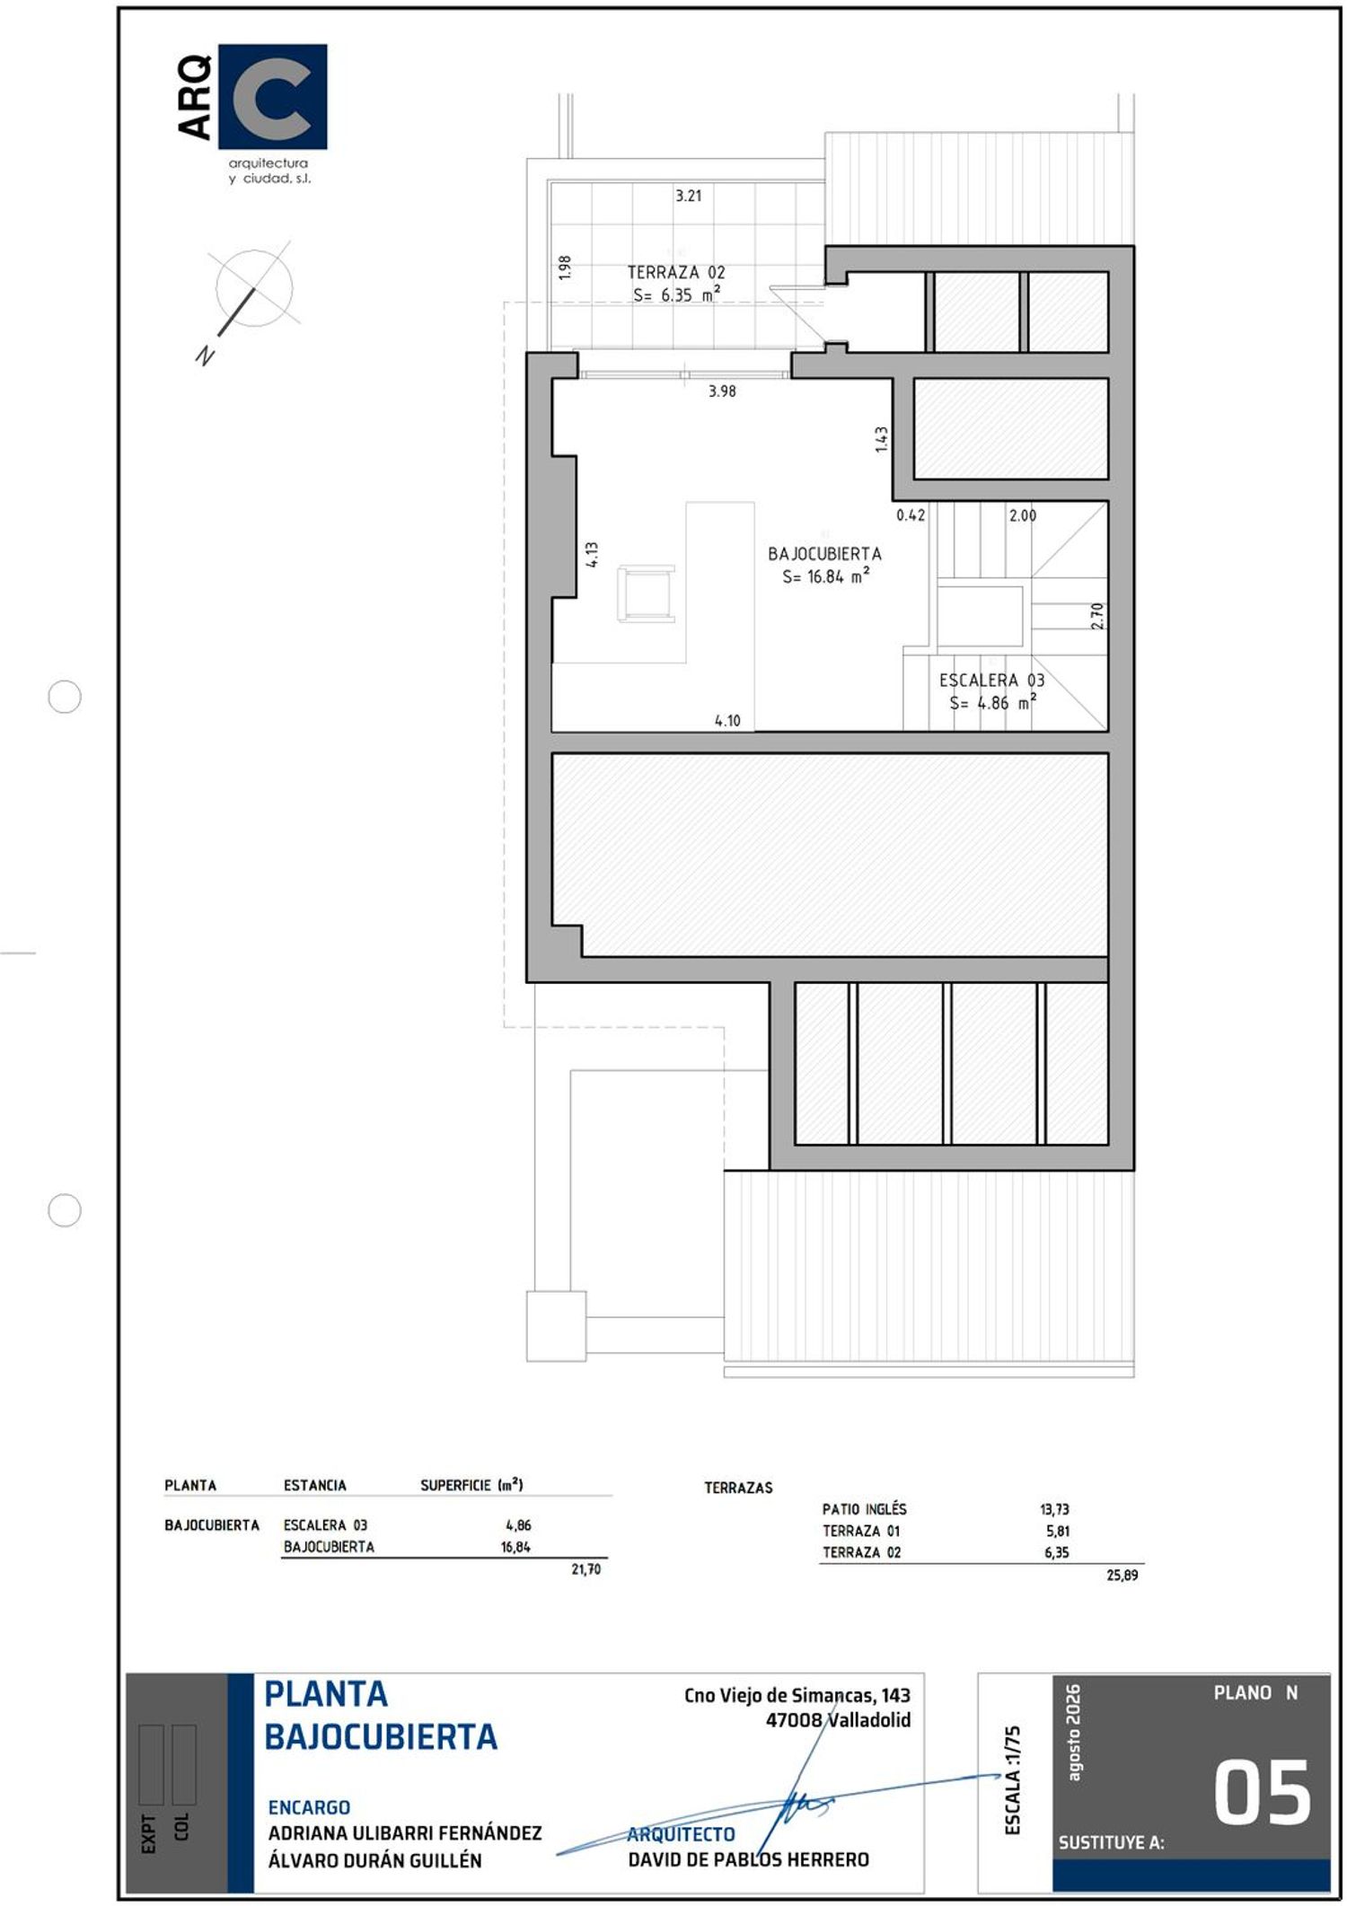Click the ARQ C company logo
(x=252, y=113)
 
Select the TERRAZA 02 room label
(x=675, y=272)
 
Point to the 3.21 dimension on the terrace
(x=688, y=195)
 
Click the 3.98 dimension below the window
(x=722, y=391)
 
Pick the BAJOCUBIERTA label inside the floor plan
(x=824, y=554)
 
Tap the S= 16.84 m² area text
(x=825, y=576)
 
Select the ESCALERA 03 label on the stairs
(x=991, y=681)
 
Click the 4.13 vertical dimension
(x=592, y=554)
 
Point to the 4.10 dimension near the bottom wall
(x=727, y=720)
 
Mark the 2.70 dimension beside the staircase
(x=1096, y=616)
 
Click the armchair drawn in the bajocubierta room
(x=646, y=593)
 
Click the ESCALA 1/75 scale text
(x=1013, y=1780)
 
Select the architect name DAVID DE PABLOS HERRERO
(x=748, y=1859)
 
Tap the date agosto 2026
(x=1073, y=1732)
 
